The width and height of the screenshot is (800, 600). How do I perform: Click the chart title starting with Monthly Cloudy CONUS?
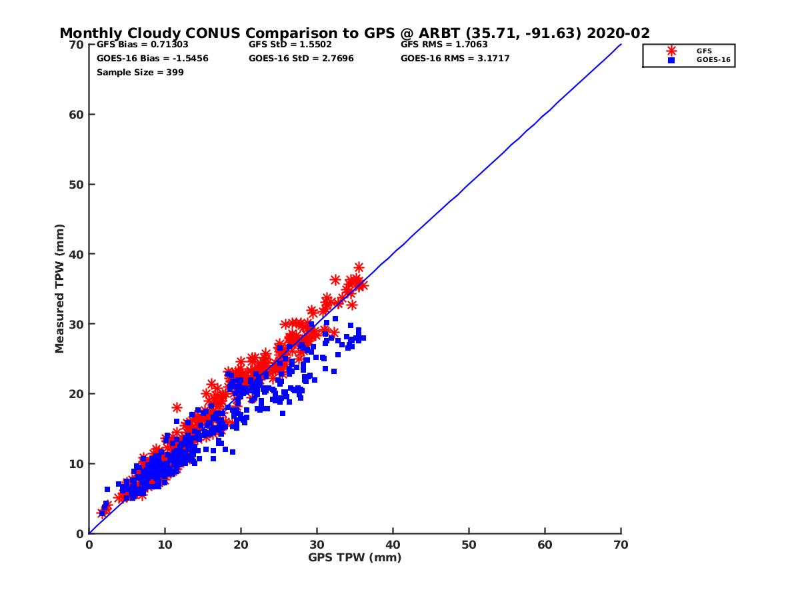coord(354,33)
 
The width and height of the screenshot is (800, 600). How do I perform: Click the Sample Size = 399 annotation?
coord(140,72)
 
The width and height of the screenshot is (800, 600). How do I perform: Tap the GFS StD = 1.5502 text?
coord(290,45)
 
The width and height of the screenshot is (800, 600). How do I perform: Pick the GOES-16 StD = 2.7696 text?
coord(301,58)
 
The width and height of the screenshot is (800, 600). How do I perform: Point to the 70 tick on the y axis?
coord(76,45)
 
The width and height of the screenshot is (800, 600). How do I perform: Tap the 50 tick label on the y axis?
coord(76,185)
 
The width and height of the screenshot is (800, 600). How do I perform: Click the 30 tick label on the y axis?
coord(76,324)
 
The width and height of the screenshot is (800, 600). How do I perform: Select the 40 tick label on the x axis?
coord(393,545)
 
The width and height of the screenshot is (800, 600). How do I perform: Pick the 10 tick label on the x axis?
coord(165,545)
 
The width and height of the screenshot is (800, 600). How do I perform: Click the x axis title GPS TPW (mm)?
coord(355,557)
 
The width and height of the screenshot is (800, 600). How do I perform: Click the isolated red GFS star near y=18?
coord(177,407)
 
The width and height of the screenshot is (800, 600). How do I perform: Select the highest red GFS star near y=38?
coord(359,267)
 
